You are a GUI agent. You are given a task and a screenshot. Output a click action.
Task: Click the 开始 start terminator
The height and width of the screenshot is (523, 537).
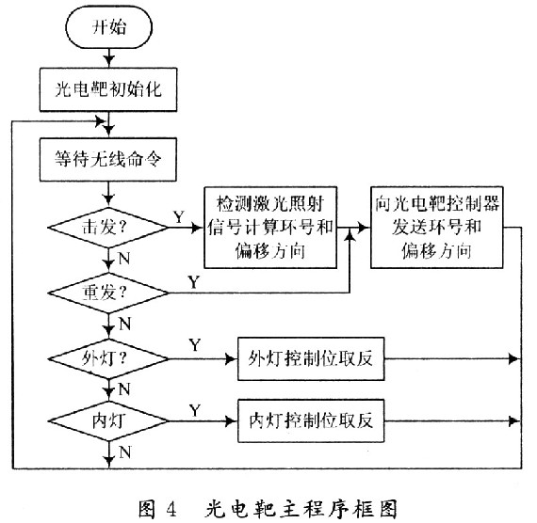click(x=108, y=27)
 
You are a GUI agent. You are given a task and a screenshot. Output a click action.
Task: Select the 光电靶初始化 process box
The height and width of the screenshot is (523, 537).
click(x=108, y=89)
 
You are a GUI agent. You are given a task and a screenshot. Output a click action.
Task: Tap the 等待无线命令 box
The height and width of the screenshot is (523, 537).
click(x=108, y=159)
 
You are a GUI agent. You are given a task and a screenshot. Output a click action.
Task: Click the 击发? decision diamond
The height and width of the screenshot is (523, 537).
click(x=108, y=228)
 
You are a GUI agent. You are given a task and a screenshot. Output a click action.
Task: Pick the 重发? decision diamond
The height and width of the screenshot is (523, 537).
click(x=108, y=293)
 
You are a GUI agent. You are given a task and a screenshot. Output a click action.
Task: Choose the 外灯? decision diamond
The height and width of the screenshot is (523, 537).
click(x=108, y=358)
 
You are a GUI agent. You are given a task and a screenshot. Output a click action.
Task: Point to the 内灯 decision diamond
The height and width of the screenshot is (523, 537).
click(x=108, y=420)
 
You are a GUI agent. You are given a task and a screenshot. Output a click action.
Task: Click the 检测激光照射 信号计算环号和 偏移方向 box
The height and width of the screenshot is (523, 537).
click(x=270, y=228)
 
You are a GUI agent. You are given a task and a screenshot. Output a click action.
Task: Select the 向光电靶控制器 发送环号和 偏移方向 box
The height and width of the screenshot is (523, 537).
click(x=436, y=228)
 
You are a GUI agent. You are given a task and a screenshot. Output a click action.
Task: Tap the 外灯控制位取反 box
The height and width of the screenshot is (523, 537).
click(x=311, y=358)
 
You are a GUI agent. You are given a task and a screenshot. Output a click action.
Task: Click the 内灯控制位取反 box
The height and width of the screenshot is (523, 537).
click(x=311, y=420)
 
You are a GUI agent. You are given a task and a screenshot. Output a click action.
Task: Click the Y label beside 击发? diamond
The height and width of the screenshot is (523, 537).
click(x=179, y=217)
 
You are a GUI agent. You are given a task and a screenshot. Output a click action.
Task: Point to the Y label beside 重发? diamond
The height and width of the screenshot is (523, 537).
click(x=194, y=282)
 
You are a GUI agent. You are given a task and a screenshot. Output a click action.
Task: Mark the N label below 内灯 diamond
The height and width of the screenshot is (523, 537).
click(x=125, y=452)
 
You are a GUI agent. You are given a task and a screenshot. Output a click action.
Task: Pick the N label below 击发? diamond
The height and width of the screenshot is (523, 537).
click(x=124, y=259)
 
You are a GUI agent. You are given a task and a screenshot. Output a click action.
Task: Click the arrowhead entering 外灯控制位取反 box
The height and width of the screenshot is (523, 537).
click(x=232, y=358)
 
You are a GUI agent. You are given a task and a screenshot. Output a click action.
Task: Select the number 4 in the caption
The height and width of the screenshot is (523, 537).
click(x=171, y=510)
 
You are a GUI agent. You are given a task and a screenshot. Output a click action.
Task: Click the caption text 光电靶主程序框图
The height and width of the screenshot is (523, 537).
click(x=301, y=509)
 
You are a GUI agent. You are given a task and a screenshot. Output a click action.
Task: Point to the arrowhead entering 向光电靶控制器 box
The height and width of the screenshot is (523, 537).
click(x=364, y=228)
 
